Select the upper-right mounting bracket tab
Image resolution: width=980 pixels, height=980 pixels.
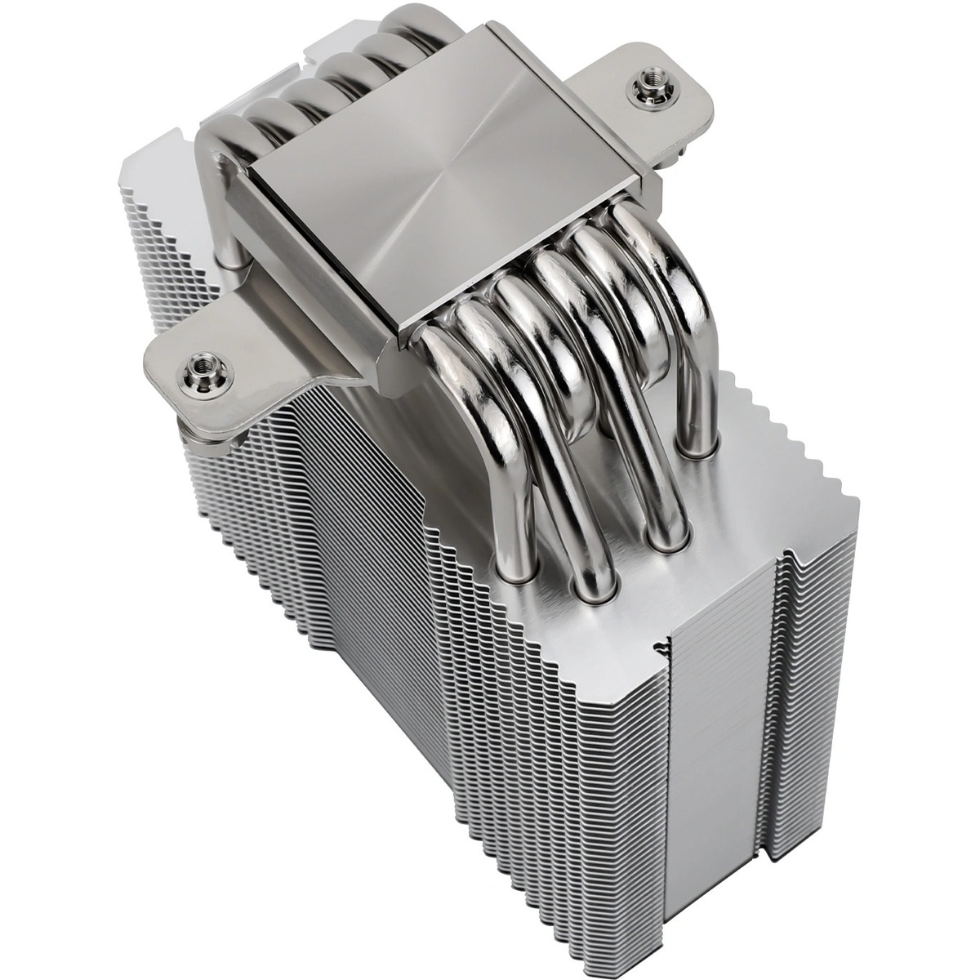pos(653,98)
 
